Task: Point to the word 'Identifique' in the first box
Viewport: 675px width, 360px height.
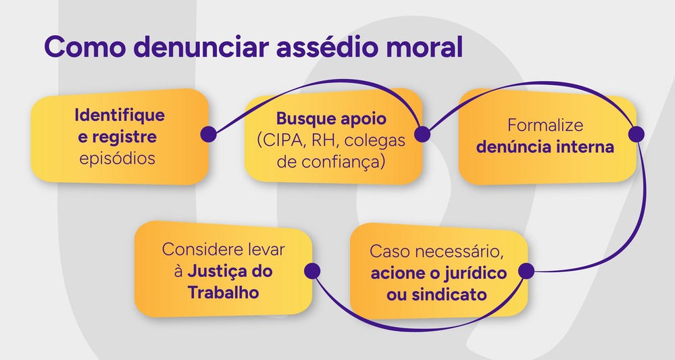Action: tap(119, 114)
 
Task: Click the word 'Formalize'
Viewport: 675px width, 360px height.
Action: tap(545, 126)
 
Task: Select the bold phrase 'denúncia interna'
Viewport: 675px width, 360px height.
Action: tap(545, 147)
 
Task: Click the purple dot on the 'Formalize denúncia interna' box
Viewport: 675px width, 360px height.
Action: tap(635, 134)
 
